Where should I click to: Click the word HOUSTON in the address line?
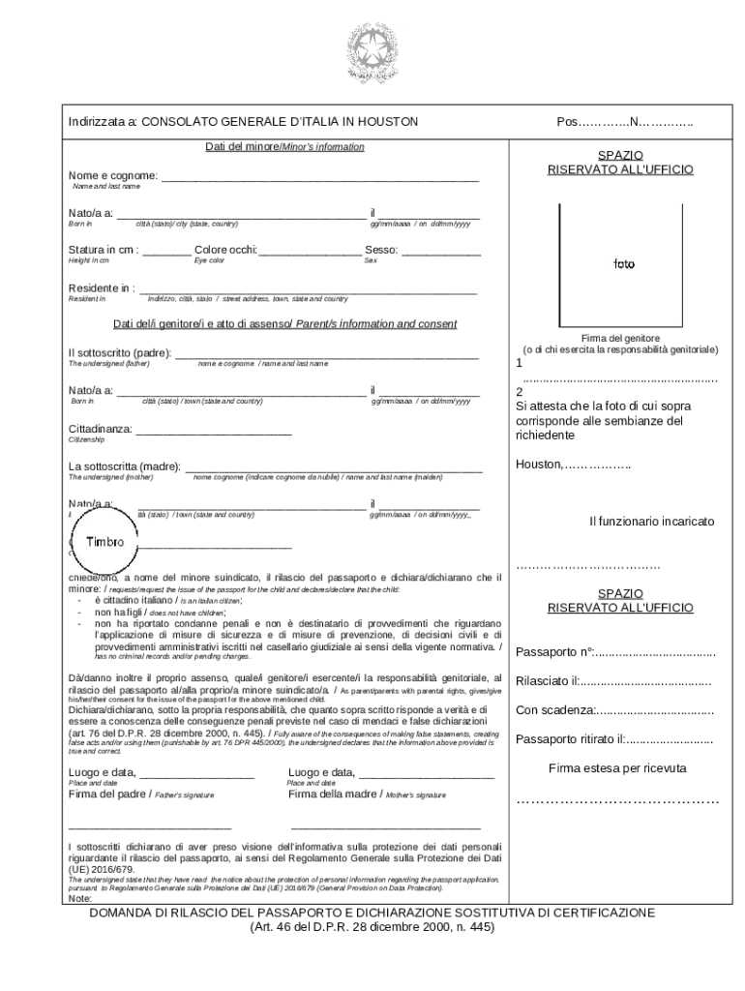point(387,122)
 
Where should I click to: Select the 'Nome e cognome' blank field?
point(319,176)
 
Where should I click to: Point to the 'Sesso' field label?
point(381,250)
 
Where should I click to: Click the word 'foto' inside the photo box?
point(623,263)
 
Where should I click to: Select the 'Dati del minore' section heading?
point(284,147)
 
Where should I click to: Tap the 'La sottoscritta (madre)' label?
point(124,467)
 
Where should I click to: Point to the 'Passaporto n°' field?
point(615,650)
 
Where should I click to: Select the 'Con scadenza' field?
point(614,710)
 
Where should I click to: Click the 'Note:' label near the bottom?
point(80,898)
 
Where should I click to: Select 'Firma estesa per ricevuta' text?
point(617,767)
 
